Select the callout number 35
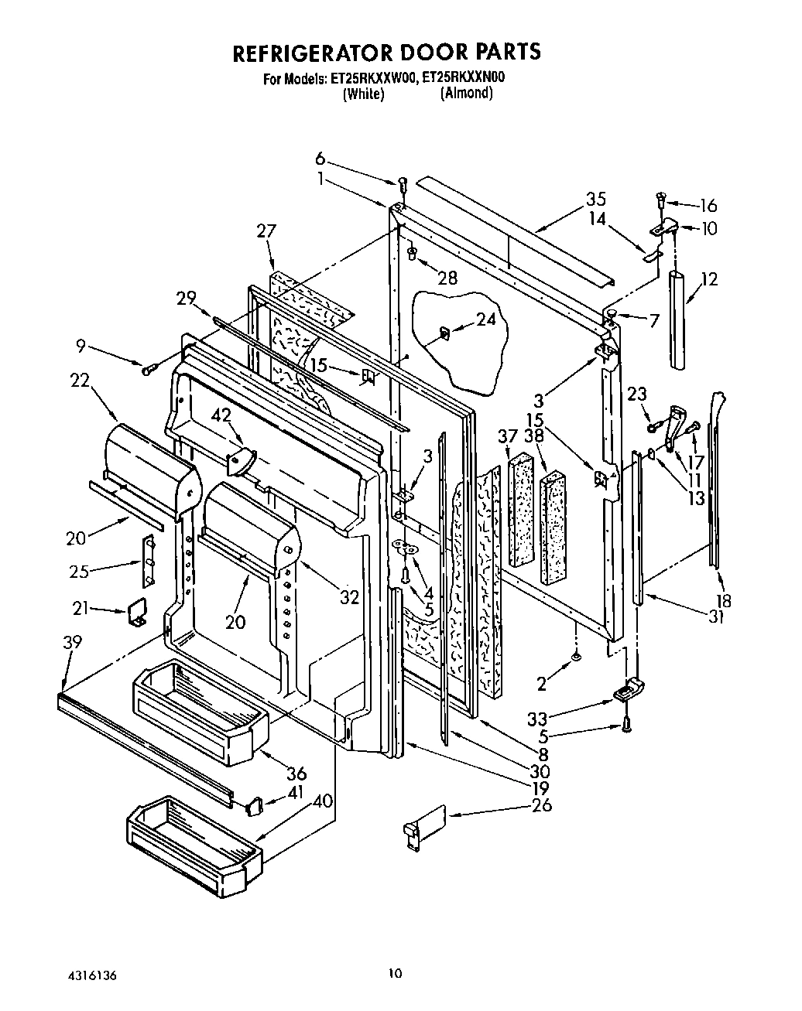point(595,199)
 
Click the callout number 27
point(266,231)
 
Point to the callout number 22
point(80,381)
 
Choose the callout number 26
point(542,805)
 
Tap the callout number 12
point(709,279)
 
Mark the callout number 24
point(485,318)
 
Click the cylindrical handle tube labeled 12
point(678,319)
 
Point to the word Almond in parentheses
point(466,93)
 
